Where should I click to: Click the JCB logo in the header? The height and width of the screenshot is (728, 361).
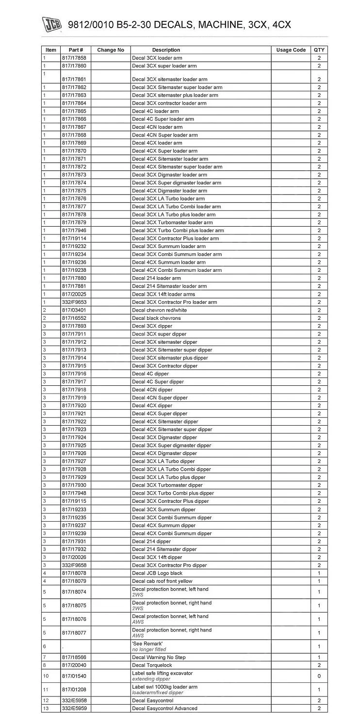point(51,25)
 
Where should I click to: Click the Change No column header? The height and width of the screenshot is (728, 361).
point(111,50)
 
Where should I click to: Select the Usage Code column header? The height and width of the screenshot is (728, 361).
point(291,50)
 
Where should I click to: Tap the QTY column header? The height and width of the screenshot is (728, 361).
point(319,50)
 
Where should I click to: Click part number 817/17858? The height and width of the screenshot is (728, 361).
point(74,58)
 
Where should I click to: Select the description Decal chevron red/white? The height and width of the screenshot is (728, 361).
point(157,310)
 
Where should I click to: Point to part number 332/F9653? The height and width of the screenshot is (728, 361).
point(74,302)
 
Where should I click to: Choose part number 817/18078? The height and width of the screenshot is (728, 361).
point(74,573)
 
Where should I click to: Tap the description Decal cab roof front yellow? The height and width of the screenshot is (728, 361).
point(162,581)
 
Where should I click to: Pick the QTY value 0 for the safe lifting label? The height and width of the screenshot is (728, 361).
point(319,676)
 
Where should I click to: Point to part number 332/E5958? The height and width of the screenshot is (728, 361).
point(74,700)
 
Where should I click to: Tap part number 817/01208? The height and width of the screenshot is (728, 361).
point(74,690)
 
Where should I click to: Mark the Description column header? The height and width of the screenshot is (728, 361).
point(166,50)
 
